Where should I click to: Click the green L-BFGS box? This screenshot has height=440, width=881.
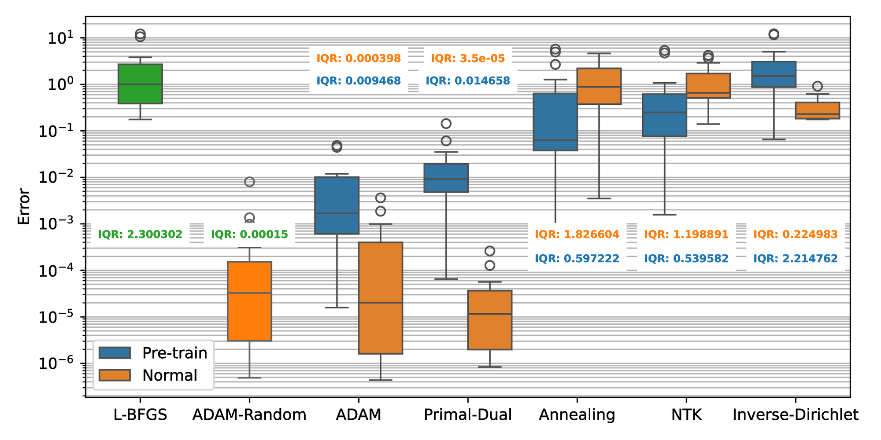[140, 84]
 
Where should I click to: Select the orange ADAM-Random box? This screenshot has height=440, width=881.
[249, 301]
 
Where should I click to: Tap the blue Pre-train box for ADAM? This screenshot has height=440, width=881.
[337, 205]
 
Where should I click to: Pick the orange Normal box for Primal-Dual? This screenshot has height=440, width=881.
[489, 320]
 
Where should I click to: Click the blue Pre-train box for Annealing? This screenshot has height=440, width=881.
[555, 121]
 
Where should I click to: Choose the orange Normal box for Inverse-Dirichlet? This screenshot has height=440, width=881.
[817, 110]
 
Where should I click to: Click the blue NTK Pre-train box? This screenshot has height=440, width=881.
[664, 115]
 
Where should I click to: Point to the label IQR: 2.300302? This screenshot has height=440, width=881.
[140, 235]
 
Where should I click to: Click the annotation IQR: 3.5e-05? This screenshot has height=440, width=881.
[468, 59]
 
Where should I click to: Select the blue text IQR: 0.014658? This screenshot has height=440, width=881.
[468, 81]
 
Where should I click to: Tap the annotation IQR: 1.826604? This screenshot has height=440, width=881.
[577, 235]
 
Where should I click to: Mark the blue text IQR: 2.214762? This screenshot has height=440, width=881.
[795, 259]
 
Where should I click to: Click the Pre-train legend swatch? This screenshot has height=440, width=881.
[115, 353]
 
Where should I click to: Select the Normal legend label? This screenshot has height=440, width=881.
[170, 375]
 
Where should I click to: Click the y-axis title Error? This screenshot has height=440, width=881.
[24, 207]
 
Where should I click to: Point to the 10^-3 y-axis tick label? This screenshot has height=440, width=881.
[62, 224]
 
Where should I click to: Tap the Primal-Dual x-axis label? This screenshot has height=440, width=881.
[468, 415]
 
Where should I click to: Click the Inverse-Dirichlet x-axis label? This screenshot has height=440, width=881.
[795, 415]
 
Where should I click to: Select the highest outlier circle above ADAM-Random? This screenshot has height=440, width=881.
[249, 182]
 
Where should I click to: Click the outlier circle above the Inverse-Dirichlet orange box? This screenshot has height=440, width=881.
[817, 86]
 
